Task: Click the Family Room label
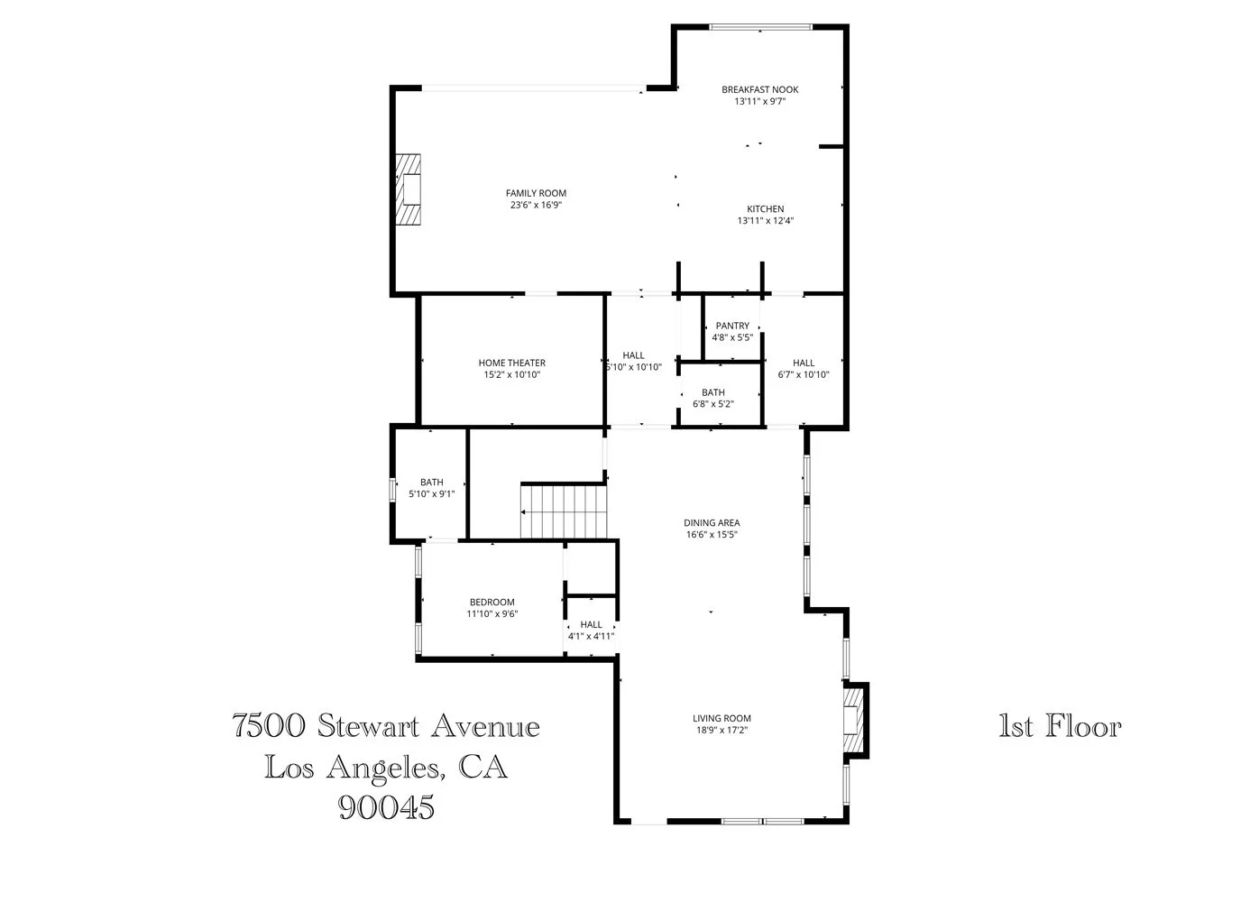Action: pyautogui.click(x=536, y=193)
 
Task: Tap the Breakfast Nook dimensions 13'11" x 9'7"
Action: pyautogui.click(x=759, y=102)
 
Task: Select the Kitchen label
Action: pyautogui.click(x=765, y=209)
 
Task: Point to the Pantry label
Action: pyautogui.click(x=731, y=326)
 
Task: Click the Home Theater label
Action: pyautogui.click(x=511, y=363)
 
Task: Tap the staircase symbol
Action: pyautogui.click(x=564, y=511)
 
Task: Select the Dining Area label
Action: pyautogui.click(x=712, y=522)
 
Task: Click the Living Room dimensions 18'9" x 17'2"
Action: pyautogui.click(x=721, y=731)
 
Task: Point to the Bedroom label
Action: pyautogui.click(x=492, y=603)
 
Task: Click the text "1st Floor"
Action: pyautogui.click(x=1060, y=726)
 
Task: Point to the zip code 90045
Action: pyautogui.click(x=386, y=805)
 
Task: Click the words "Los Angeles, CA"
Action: pyautogui.click(x=386, y=767)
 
